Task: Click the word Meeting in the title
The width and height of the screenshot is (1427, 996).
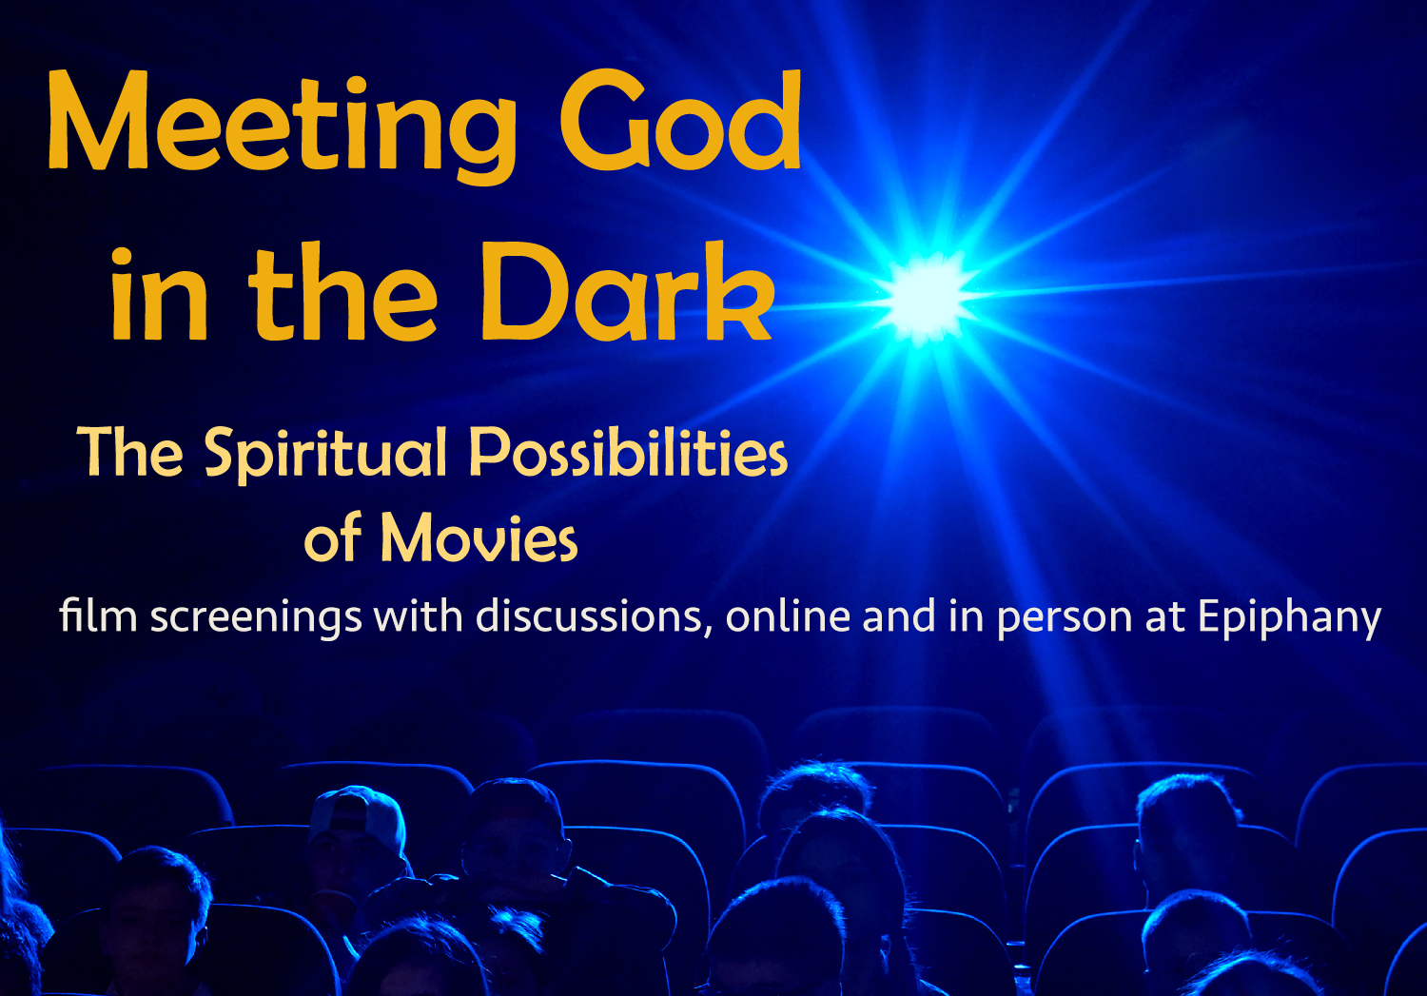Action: point(282,124)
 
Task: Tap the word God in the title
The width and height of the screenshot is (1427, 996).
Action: point(679,122)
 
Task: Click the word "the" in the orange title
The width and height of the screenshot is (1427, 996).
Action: point(342,293)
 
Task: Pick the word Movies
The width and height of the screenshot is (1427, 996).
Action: point(479,538)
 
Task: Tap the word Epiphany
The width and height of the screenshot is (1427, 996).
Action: point(1289,617)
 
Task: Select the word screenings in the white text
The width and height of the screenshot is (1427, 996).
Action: point(256,617)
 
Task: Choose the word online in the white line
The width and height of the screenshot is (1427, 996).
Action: point(788,616)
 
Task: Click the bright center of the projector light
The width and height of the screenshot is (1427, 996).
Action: point(928,295)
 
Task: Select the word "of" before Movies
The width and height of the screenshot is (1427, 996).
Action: point(333,538)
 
